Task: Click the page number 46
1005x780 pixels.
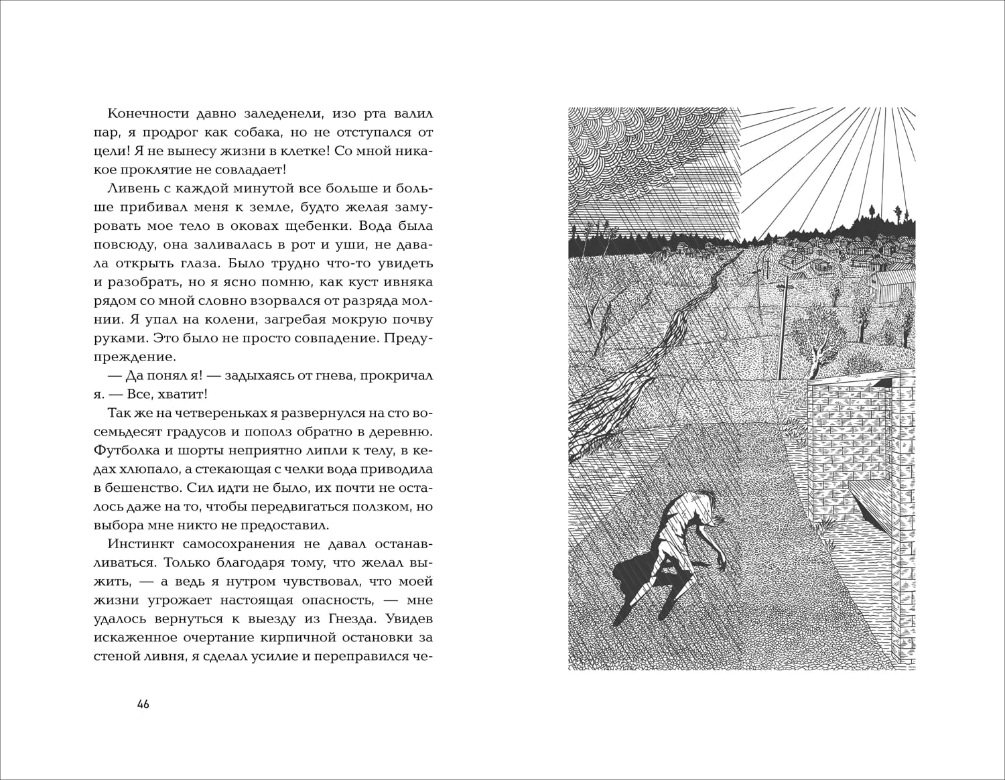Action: pos(142,704)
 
